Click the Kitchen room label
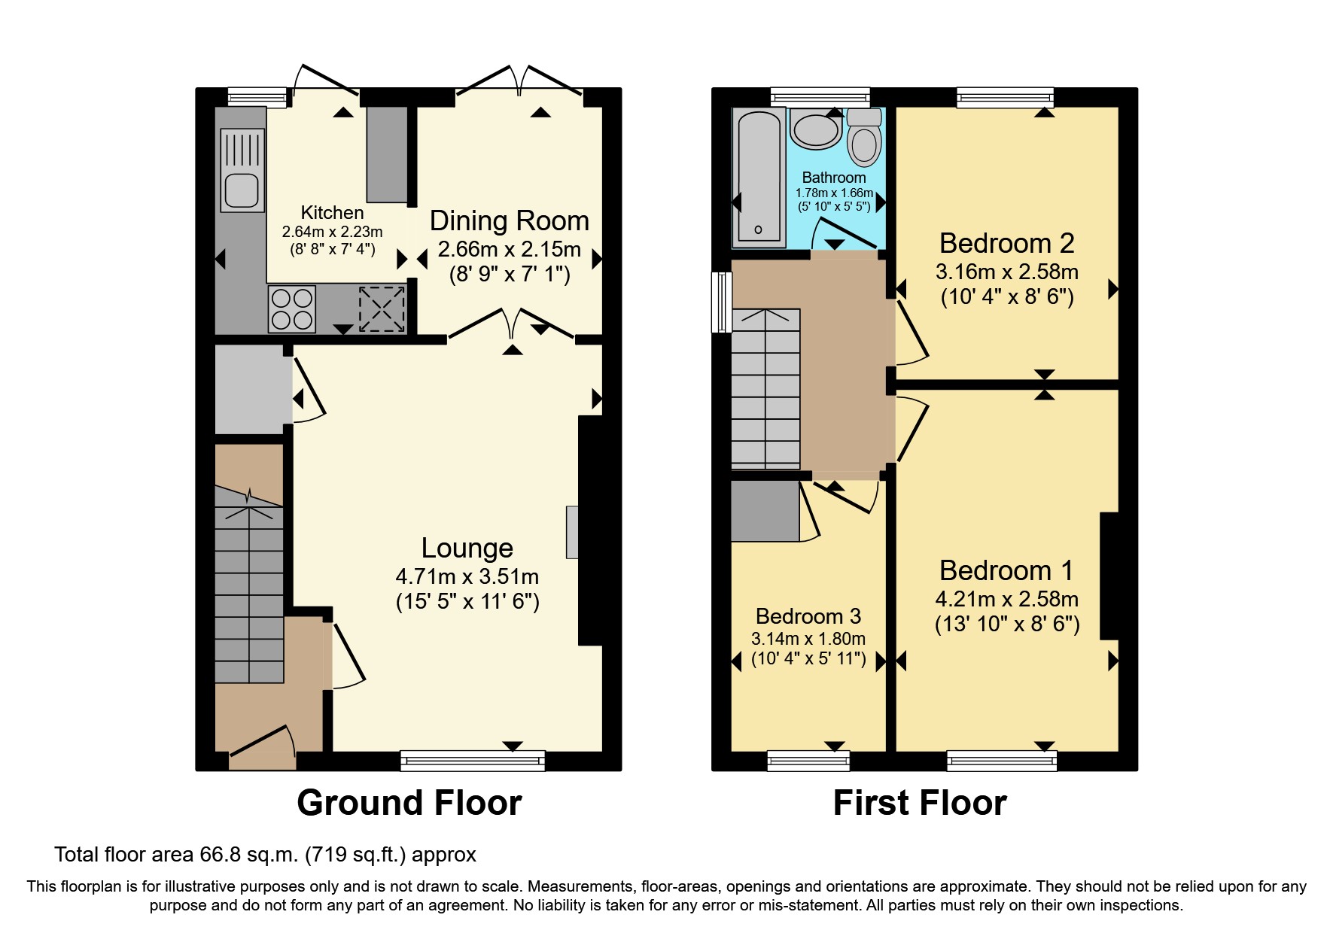[332, 213]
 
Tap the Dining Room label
[510, 221]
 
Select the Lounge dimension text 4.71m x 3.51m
[467, 577]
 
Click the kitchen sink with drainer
[242, 170]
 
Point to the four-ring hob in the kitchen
[292, 308]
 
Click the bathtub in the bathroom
[759, 178]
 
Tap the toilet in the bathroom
[864, 138]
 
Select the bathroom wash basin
[815, 129]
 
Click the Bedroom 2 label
[1007, 243]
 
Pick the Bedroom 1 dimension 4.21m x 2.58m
[1007, 600]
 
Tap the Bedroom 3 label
[808, 616]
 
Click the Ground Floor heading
[409, 803]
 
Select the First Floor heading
[920, 803]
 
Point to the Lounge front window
[473, 761]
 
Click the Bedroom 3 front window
[808, 761]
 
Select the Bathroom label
[834, 178]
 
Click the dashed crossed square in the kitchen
[382, 309]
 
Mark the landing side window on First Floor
[722, 302]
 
